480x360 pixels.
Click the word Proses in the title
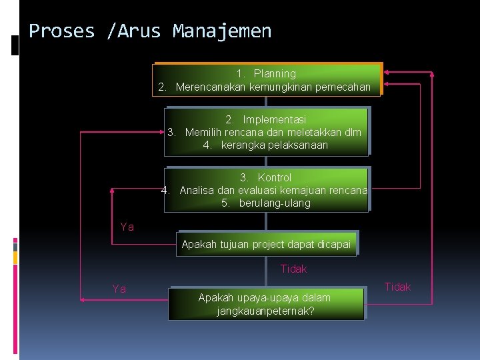pos(62,31)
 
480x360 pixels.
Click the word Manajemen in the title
pos(222,31)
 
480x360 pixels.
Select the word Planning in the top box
pos(275,74)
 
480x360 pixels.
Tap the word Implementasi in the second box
pos(275,120)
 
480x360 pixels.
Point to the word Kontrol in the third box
pos(275,178)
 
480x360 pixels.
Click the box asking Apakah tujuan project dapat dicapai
pos(266,244)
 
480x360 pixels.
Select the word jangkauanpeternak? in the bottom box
pos(266,311)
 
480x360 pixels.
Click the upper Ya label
pos(127,227)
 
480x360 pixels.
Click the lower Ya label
pos(119,289)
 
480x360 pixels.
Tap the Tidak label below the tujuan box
pos(293,269)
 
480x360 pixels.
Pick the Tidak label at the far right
pos(397,287)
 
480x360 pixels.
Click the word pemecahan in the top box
pos(342,87)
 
